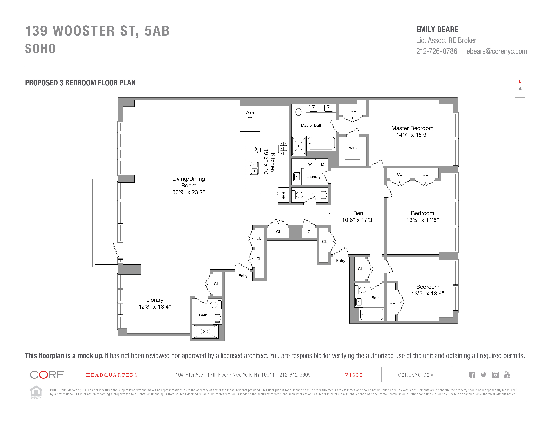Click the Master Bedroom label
412,128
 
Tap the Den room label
358,213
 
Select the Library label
155,300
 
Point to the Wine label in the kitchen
250,112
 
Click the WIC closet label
353,148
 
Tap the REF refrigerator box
283,195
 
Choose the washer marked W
310,164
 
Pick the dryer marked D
322,164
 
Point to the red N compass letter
520,82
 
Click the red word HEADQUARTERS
112,375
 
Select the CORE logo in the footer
47,375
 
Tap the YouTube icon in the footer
507,375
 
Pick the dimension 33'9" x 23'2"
189,192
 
